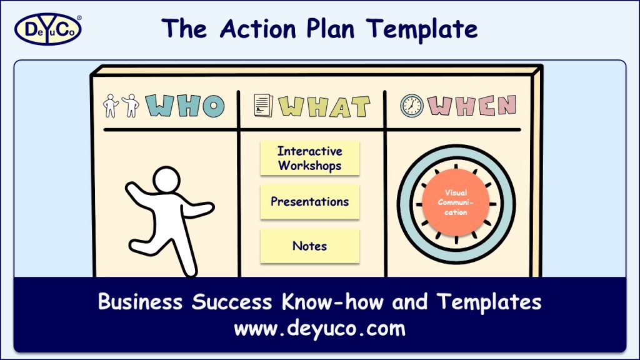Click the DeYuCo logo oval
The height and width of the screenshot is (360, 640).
[x=47, y=29]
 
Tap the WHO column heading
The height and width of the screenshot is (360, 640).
[x=186, y=106]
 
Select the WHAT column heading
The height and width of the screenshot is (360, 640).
[x=325, y=107]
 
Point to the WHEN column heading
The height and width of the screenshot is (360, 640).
[x=472, y=106]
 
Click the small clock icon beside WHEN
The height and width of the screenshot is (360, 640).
[x=411, y=106]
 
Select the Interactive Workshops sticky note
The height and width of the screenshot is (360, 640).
[x=310, y=159]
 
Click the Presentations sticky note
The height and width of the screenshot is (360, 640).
[x=310, y=202]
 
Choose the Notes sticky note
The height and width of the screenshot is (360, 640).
[x=310, y=246]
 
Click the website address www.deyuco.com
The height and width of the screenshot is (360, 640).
[x=319, y=328]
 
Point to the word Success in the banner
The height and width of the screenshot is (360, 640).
[x=231, y=302]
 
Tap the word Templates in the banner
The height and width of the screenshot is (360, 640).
[x=489, y=302]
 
